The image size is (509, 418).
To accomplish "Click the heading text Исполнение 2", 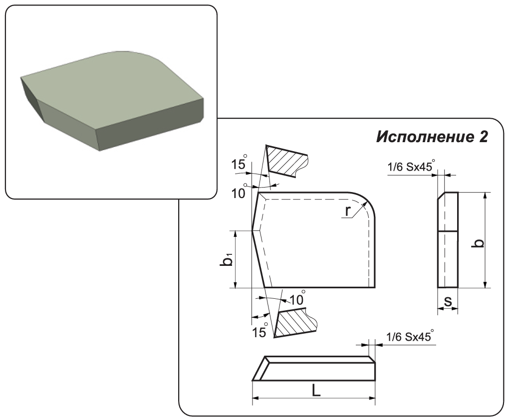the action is [432, 137].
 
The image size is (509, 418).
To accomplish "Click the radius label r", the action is [348, 211].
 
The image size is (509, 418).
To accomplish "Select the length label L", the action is [316, 390].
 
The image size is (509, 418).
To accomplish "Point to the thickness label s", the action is [448, 301].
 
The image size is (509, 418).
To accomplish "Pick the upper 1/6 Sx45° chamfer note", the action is [411, 166].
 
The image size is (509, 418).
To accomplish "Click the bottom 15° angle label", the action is [260, 331].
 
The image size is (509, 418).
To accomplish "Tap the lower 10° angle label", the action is [297, 298].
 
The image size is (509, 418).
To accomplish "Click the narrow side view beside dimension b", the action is [448, 240].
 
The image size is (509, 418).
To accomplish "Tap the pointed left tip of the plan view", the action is [253, 231].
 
